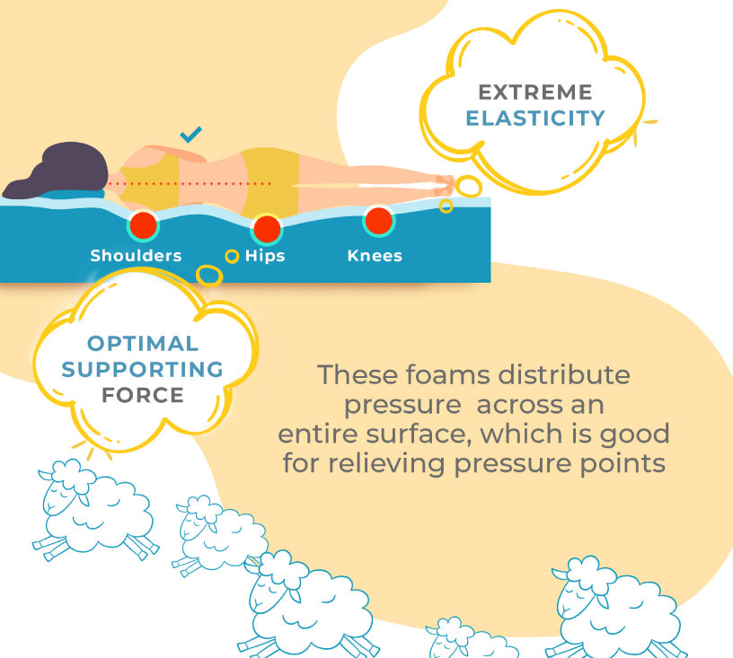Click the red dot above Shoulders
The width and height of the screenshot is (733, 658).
tap(143, 225)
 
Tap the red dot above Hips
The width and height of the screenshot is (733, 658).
tap(267, 229)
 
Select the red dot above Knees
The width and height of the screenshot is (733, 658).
tap(379, 221)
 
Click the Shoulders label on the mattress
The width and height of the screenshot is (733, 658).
tap(136, 256)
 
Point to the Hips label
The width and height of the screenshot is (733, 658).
tap(265, 257)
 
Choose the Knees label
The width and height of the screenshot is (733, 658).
tap(375, 256)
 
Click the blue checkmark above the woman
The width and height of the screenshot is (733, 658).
tap(190, 135)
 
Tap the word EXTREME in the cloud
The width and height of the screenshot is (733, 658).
tap(535, 92)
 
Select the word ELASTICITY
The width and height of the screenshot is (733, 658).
tap(535, 118)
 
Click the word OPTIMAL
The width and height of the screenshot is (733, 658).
tap(143, 344)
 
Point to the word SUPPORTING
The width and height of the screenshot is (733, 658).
tap(143, 369)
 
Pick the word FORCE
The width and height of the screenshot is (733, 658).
tap(143, 395)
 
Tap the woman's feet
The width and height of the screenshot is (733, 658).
tap(443, 185)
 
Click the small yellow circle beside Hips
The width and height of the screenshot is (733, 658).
tap(232, 257)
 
